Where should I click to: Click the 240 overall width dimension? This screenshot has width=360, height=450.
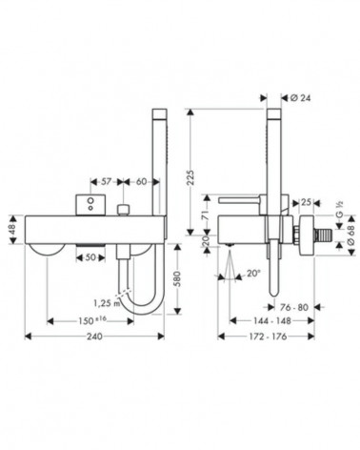click(94, 336)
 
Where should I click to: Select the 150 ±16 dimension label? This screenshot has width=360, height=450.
click(92, 321)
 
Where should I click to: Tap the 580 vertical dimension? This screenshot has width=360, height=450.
click(178, 279)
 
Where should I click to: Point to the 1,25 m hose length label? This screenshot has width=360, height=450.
click(108, 303)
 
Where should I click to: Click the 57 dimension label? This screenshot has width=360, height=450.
click(107, 181)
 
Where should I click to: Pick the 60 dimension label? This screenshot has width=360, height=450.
click(142, 181)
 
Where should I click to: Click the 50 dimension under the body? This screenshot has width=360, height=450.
click(90, 257)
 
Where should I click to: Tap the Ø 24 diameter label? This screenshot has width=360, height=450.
click(300, 98)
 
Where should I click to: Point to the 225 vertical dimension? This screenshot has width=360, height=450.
click(190, 177)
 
